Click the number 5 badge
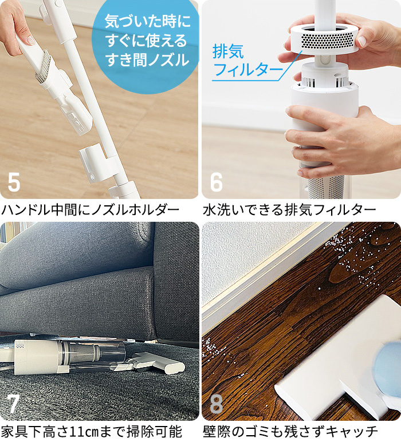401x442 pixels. (x=14, y=182)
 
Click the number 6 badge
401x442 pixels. (x=216, y=182)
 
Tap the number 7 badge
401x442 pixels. (x=14, y=404)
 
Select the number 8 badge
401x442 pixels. (x=216, y=404)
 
